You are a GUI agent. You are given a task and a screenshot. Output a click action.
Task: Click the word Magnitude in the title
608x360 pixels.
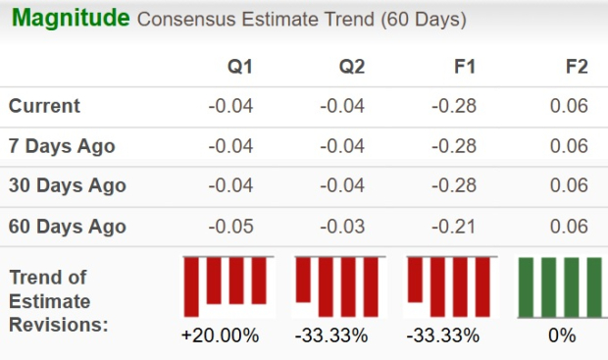pos(71,19)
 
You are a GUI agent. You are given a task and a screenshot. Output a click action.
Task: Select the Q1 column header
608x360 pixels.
pos(240,67)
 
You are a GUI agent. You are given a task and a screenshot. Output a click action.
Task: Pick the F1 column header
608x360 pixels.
pos(464,67)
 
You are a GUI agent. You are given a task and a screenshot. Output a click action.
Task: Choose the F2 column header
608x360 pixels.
pos(577,67)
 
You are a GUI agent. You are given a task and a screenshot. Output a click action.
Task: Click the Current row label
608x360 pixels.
pos(44,107)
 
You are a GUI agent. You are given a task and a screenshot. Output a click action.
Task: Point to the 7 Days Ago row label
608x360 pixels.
pos(62,147)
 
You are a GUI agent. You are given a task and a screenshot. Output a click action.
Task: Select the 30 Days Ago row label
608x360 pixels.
pos(67,186)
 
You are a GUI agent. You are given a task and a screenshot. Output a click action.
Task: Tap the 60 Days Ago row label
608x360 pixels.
pos(67,227)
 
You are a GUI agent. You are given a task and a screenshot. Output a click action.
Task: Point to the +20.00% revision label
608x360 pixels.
pos(221,335)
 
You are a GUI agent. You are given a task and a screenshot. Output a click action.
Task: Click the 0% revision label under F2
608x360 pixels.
pos(562,335)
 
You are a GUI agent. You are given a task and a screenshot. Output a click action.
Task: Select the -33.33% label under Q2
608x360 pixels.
pos(331,335)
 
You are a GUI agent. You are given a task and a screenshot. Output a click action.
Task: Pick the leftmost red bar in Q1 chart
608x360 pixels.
pos(191,286)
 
